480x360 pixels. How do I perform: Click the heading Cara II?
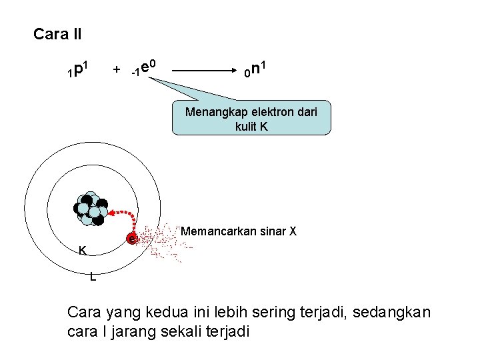click(x=57, y=34)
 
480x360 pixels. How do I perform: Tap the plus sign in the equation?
click(x=117, y=70)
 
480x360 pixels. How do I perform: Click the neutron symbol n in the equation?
click(x=257, y=69)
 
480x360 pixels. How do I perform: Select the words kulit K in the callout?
click(x=251, y=125)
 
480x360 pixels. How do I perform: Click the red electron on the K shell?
click(x=133, y=238)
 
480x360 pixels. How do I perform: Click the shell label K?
click(x=82, y=251)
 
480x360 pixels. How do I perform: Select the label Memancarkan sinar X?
click(x=239, y=232)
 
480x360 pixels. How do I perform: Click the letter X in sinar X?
click(x=292, y=232)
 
